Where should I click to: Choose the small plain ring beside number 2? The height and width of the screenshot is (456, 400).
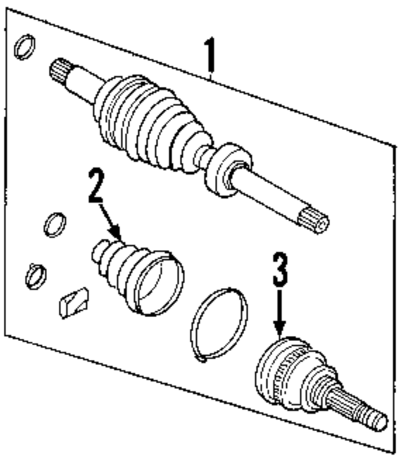click(55, 225)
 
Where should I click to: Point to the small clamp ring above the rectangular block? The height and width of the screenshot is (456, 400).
click(36, 276)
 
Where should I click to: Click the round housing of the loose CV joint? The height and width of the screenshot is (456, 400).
click(272, 372)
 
